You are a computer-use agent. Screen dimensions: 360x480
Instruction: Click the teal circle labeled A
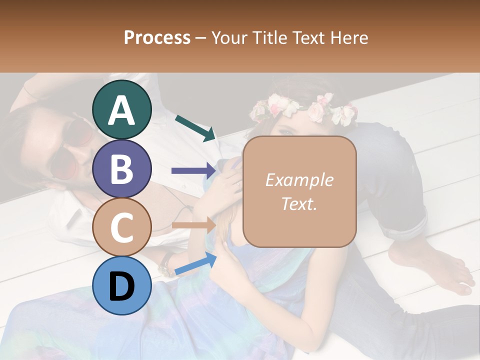point(121,109)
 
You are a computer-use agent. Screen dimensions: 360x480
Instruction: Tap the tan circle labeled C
point(121,227)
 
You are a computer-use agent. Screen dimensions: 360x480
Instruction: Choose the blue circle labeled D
point(121,285)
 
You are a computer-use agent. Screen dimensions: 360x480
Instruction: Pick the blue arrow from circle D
point(195,263)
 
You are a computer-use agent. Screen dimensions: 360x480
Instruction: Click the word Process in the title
point(157,37)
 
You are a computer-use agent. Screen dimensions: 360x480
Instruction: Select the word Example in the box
point(299,180)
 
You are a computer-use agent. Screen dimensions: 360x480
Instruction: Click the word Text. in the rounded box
point(299,203)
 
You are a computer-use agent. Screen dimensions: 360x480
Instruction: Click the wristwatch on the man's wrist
point(166,264)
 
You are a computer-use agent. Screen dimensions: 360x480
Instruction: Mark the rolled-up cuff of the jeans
point(407,225)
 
